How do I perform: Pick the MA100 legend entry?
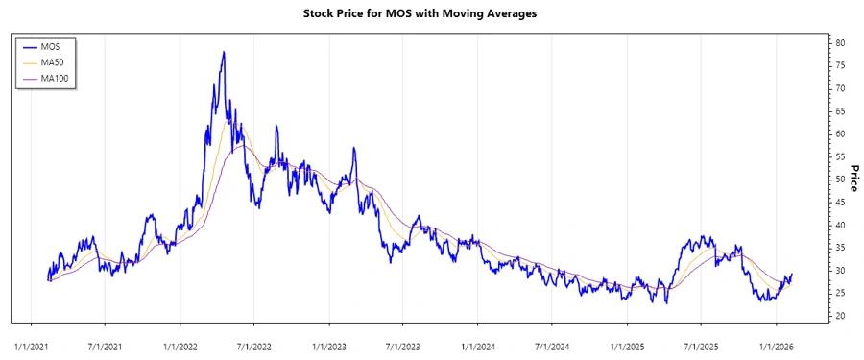tap(56, 78)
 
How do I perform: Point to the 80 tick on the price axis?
tap(840, 43)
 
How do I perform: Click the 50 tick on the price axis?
tap(840, 180)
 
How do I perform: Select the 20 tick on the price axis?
tap(840, 316)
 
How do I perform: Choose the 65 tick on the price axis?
tap(840, 111)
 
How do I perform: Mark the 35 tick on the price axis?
tap(840, 248)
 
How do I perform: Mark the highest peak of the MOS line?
tap(224, 52)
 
